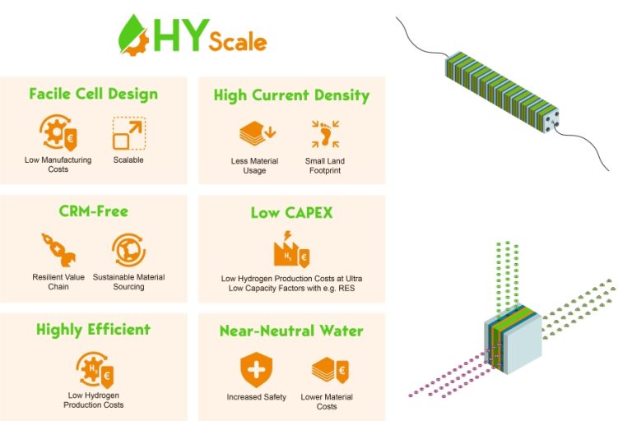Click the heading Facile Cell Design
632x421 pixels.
tap(93, 93)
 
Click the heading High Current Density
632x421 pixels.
tap(291, 95)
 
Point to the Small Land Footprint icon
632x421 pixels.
tap(323, 133)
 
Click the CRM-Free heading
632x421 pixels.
tap(93, 211)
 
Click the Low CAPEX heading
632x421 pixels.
tap(291, 214)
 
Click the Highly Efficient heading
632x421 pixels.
tap(93, 330)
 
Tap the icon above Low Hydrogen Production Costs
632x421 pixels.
tap(93, 368)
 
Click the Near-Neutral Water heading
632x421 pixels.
tap(291, 331)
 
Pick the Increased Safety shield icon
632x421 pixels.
tap(256, 370)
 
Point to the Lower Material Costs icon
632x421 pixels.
tap(327, 370)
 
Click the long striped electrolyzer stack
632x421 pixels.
tap(502, 93)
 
